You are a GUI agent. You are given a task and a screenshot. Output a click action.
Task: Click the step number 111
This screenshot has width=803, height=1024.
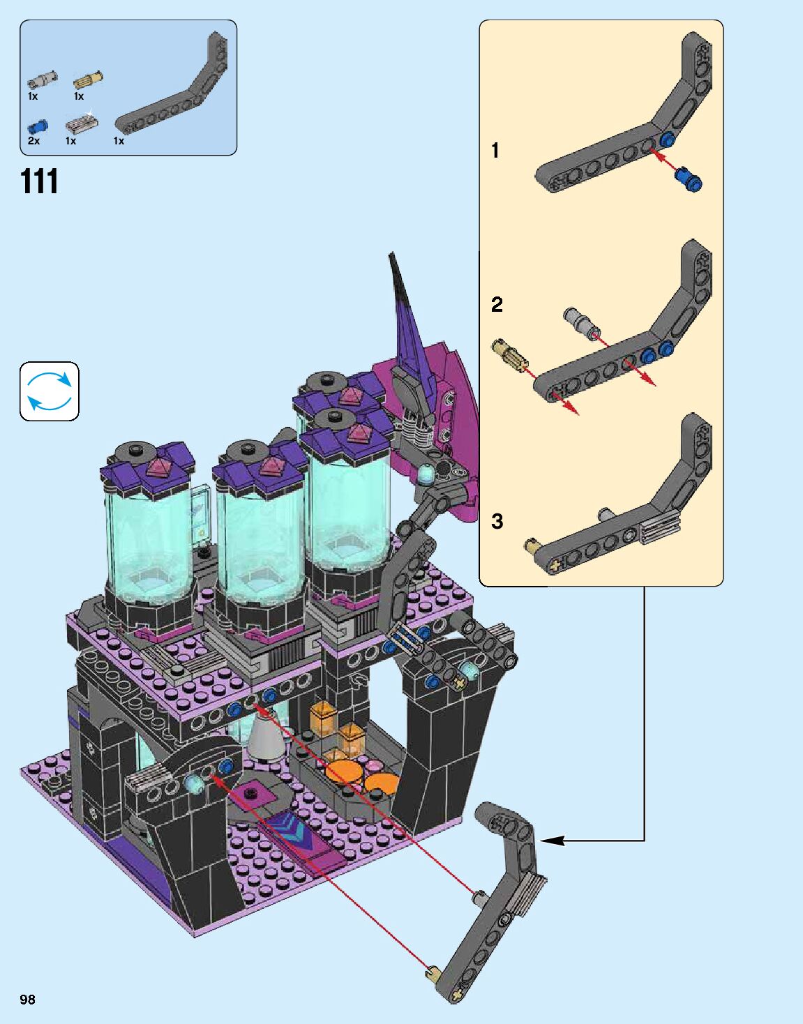(40, 181)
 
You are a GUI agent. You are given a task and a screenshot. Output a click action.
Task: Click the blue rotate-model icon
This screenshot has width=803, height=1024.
(50, 391)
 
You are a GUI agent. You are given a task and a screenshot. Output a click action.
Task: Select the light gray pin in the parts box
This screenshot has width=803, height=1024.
(43, 80)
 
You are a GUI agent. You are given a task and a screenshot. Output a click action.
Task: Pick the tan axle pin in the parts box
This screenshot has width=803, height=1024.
(88, 80)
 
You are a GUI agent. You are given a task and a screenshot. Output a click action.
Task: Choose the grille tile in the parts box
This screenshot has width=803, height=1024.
(82, 124)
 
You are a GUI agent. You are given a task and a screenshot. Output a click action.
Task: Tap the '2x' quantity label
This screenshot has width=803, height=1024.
(33, 140)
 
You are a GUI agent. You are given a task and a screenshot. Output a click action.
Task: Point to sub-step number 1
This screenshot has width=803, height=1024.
(495, 151)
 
